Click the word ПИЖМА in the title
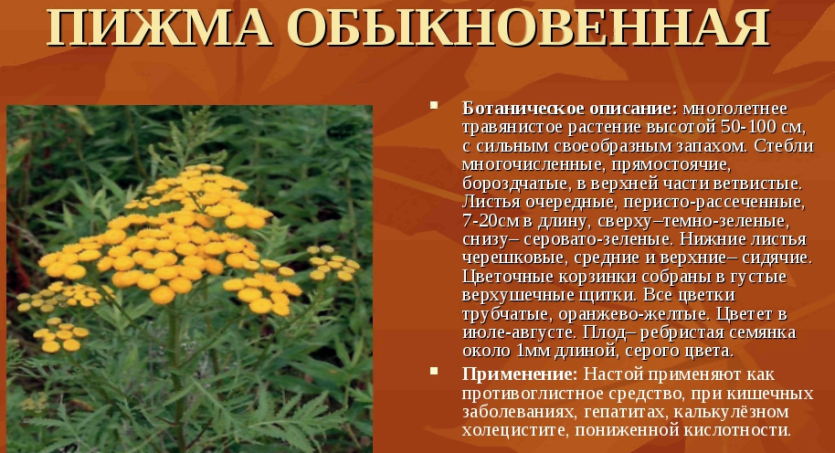[159, 26]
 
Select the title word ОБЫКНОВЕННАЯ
[531, 26]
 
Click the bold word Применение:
[520, 374]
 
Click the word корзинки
[597, 278]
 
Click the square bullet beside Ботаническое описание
[434, 105]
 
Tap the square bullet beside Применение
[434, 371]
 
